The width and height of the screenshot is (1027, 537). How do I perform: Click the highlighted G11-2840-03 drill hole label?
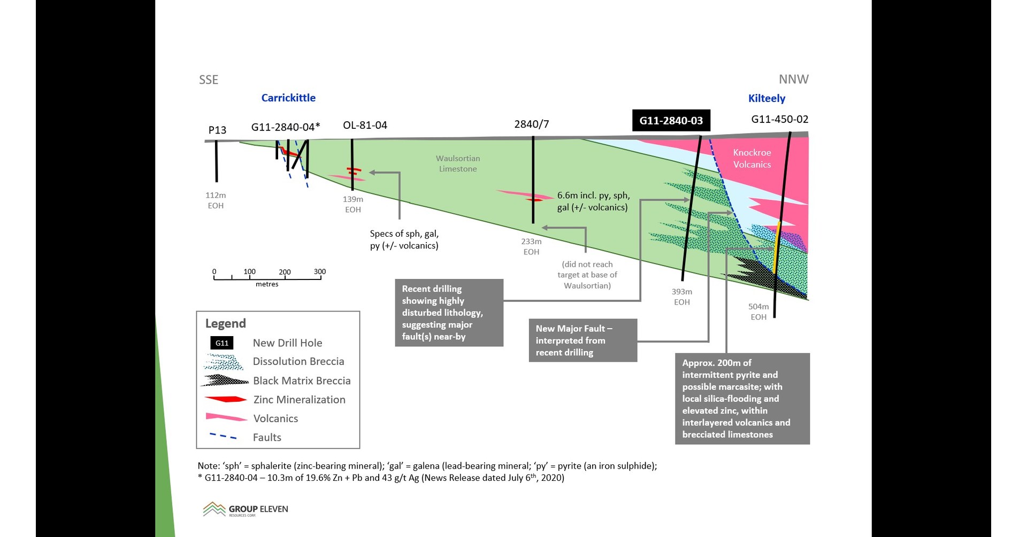[671, 121]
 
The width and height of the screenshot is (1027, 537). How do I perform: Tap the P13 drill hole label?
[217, 130]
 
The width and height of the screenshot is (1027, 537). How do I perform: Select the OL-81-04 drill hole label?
[365, 126]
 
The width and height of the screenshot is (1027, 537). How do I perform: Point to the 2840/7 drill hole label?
[531, 124]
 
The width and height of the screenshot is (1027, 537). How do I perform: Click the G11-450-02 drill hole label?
[779, 119]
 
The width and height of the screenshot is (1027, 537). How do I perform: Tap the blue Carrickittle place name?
[288, 98]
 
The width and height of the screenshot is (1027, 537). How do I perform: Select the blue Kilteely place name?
[767, 98]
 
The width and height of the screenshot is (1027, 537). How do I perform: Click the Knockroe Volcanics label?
[752, 159]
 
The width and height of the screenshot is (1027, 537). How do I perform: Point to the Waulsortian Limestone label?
[457, 164]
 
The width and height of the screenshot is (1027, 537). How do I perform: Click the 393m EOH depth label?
[681, 297]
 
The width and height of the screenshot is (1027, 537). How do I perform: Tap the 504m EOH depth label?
[758, 312]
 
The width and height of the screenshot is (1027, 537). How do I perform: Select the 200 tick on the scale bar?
[285, 272]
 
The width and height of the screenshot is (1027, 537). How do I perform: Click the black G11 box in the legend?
[221, 343]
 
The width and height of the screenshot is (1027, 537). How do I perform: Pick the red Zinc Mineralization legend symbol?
[225, 399]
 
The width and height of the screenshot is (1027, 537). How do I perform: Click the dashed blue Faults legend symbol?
[223, 437]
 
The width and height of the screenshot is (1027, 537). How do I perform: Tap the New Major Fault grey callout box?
[583, 340]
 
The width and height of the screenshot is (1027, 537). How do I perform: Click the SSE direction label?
[209, 80]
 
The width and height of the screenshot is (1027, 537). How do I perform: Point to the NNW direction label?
[793, 80]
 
